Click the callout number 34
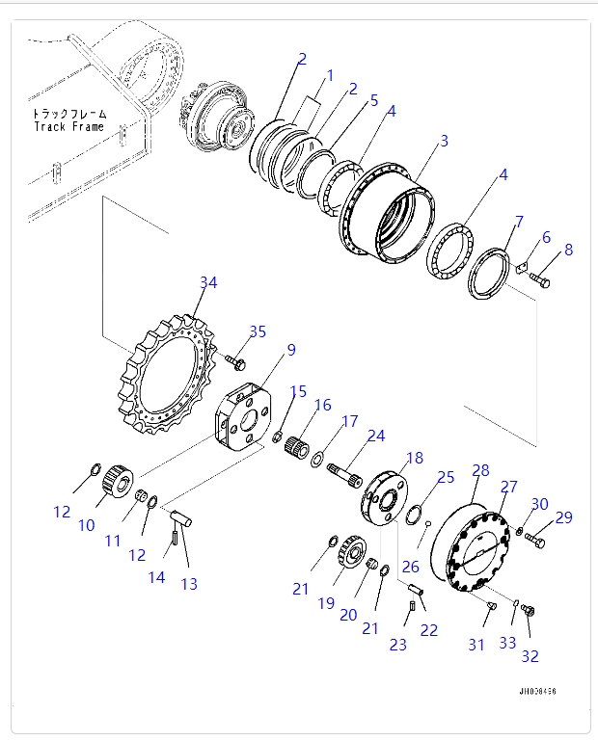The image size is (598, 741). pos(208,282)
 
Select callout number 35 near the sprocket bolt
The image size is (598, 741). pos(258,332)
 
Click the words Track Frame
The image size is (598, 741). pos(68,126)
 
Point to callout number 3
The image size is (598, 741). pos(443,142)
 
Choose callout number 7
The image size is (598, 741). pos(519,223)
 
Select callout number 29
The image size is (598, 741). pos(563,517)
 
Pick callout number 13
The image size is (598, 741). pos(189,584)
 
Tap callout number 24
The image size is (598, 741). pos(375,436)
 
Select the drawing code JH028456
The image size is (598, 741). pos(537,691)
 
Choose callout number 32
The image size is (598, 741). pos(530,657)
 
